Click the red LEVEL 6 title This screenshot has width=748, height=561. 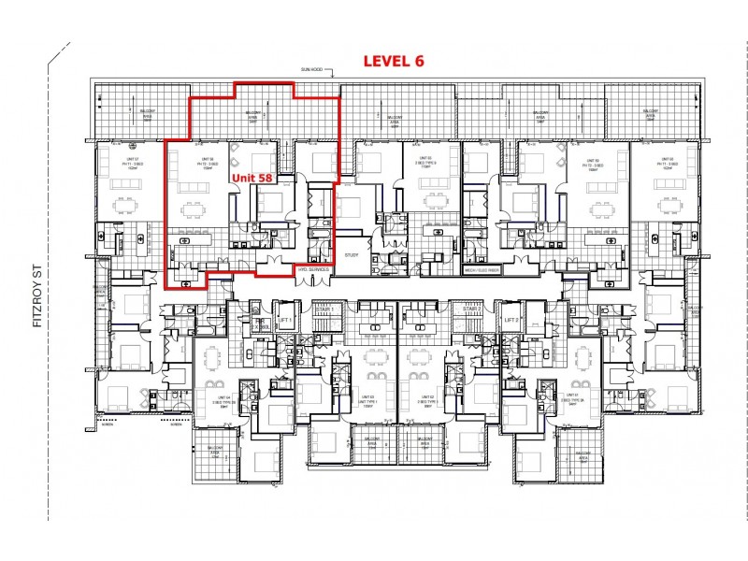393,62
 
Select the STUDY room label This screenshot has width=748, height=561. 352,253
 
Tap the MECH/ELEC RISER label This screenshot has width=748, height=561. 482,269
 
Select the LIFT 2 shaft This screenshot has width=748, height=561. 511,321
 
